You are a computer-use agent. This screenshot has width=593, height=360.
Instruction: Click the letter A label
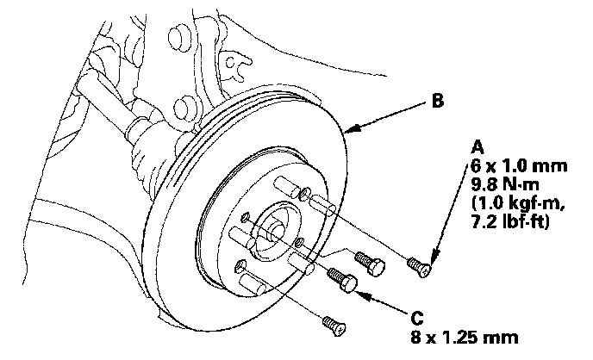point(476,146)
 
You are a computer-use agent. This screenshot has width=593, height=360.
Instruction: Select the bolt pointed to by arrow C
point(343,281)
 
